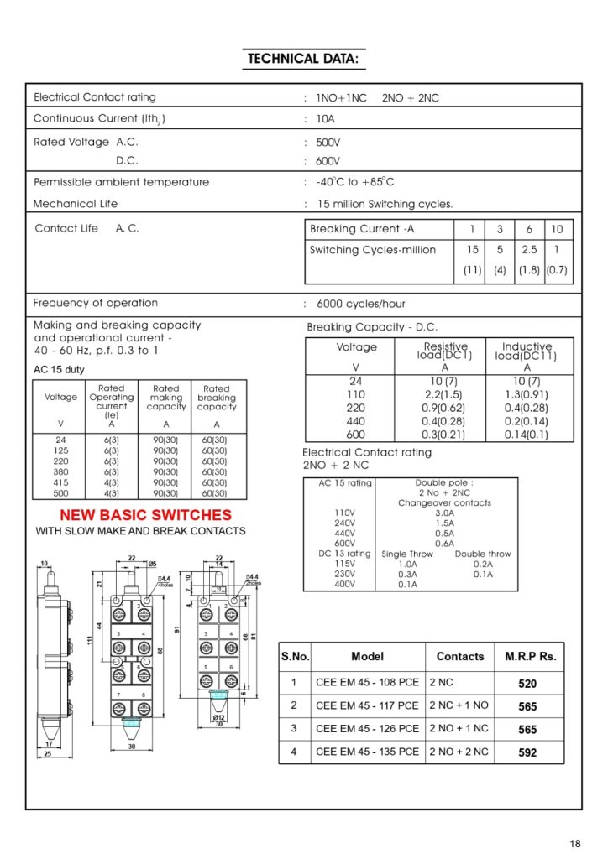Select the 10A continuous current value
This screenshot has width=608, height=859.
[x=325, y=119]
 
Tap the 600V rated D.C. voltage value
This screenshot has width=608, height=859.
[x=328, y=161]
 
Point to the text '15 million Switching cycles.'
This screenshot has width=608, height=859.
[x=385, y=204]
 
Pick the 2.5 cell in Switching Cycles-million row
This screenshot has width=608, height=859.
[x=529, y=250]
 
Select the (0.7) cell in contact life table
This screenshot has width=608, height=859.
[x=557, y=271]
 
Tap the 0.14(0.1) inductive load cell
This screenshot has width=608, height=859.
[x=527, y=435]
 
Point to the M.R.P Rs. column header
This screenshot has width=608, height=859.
[x=530, y=657]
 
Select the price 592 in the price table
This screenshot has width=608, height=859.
[x=527, y=752]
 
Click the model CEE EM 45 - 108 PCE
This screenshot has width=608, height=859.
[x=367, y=683]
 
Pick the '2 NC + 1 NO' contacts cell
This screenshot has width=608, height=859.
[x=459, y=706]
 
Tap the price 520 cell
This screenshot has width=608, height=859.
[x=527, y=684]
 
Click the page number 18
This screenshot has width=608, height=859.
[x=574, y=843]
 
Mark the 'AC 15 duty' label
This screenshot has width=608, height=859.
[x=59, y=370]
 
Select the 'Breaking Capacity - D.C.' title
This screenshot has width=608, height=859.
[x=372, y=327]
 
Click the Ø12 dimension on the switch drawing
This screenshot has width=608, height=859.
[x=218, y=717]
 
